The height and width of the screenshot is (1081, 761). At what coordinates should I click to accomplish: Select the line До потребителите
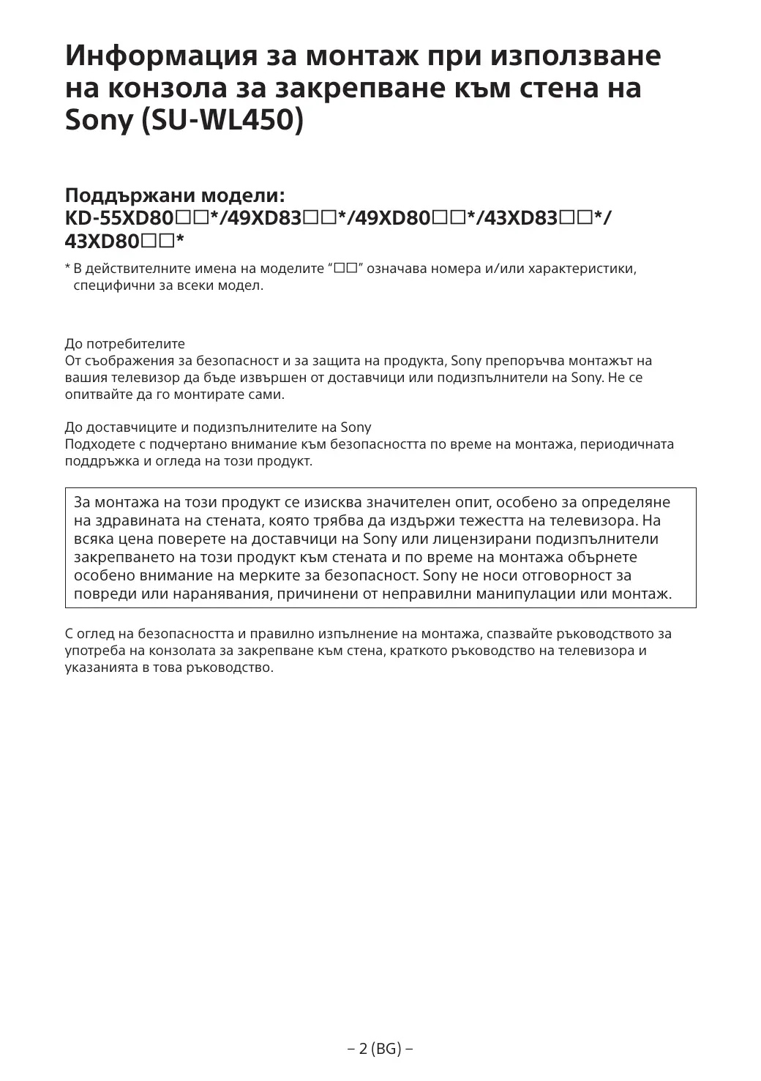coord(125,344)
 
